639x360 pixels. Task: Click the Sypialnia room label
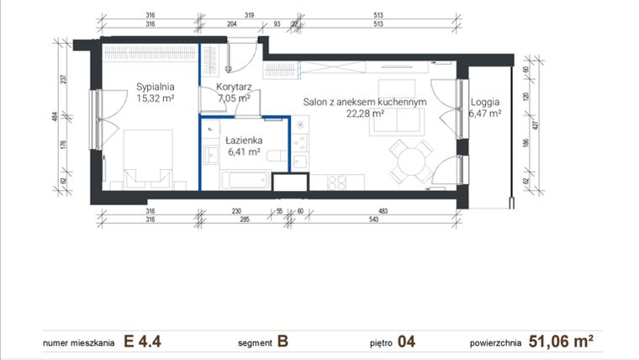(156, 86)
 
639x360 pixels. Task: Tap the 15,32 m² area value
(156, 98)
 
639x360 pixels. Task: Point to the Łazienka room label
(243, 140)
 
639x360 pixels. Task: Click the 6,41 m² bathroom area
(244, 153)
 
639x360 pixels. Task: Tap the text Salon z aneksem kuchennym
(366, 101)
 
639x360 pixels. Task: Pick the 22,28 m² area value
(366, 114)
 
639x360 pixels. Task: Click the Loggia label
(486, 100)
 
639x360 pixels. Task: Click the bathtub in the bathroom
(245, 180)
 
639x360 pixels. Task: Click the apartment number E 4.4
(143, 341)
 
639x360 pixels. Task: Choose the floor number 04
(406, 341)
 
